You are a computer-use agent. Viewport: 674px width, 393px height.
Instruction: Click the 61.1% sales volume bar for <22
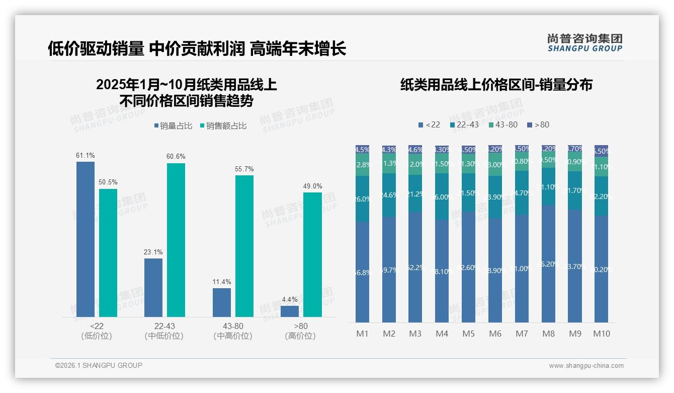[86, 239]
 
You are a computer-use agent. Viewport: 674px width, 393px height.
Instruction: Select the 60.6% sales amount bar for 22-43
[176, 240]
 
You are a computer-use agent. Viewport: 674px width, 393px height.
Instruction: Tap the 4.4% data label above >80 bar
[290, 300]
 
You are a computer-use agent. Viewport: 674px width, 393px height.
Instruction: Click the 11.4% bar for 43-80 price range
[222, 302]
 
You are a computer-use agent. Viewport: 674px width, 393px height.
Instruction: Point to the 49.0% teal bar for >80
[312, 254]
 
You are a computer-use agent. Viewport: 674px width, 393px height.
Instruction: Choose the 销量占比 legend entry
[173, 126]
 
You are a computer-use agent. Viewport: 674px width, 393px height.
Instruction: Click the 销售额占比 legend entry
[223, 126]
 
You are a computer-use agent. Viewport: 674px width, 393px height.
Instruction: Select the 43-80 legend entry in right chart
[502, 124]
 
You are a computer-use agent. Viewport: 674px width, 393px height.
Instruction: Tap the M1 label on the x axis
[362, 334]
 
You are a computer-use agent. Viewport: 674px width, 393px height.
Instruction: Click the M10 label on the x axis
[601, 334]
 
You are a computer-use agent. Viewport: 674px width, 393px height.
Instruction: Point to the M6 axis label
[495, 334]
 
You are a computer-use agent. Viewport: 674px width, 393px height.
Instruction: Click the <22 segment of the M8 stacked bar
[548, 264]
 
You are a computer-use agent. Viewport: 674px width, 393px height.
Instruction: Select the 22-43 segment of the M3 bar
[415, 194]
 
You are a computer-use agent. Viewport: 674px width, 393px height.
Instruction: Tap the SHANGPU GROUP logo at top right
[584, 43]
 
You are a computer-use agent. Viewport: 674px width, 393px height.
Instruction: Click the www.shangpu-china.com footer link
[586, 366]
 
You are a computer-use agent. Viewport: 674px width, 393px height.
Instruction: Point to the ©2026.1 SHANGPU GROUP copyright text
[99, 365]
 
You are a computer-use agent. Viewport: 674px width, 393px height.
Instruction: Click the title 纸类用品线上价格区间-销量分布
[496, 85]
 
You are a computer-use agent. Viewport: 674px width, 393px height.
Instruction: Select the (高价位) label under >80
[300, 336]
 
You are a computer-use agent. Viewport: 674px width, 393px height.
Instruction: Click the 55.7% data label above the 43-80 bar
[244, 169]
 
